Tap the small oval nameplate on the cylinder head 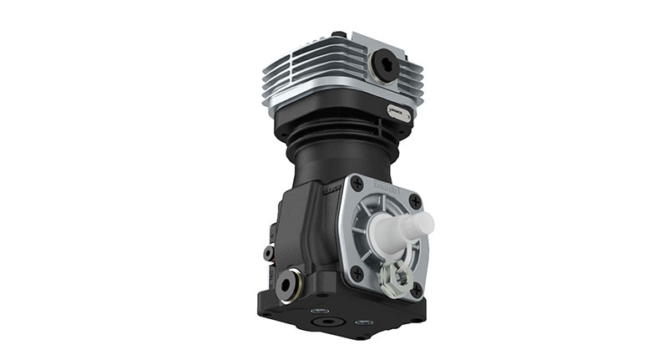pyautogui.click(x=398, y=111)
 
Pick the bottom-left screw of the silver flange pyautogui.click(x=357, y=272)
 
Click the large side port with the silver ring pyautogui.click(x=288, y=283)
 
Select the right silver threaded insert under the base pyautogui.click(x=362, y=322)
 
